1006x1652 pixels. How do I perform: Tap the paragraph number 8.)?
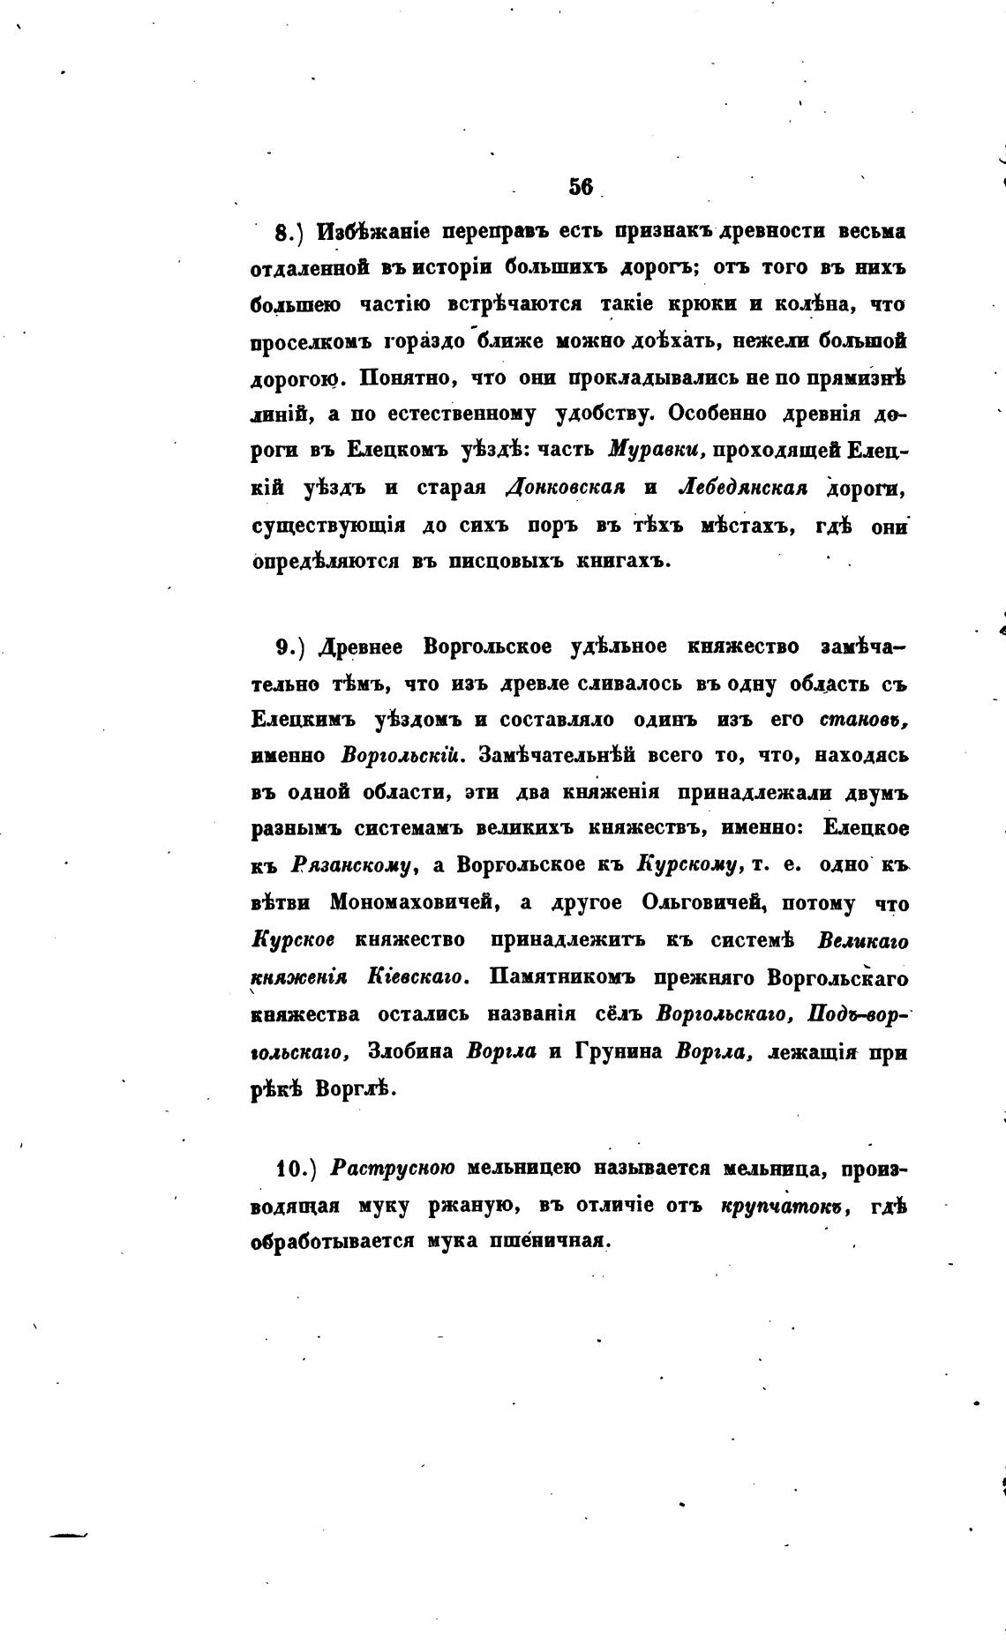pos(289,233)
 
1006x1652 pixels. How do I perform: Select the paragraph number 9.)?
pos(289,647)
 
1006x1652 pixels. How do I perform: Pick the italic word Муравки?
pos(655,449)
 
